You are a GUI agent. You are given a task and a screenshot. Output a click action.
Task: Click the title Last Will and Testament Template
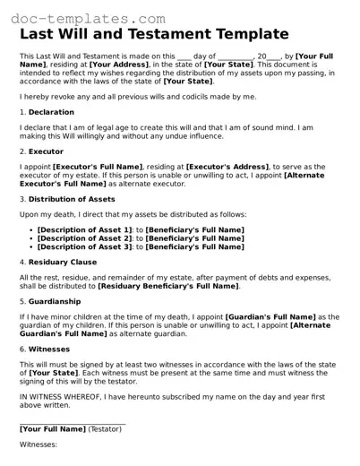coord(154,34)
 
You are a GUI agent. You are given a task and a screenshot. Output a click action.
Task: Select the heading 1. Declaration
coord(45,112)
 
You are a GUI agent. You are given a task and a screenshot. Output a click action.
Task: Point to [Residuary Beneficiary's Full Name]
coord(168,285)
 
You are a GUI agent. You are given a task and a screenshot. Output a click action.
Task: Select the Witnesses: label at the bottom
coord(39,444)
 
